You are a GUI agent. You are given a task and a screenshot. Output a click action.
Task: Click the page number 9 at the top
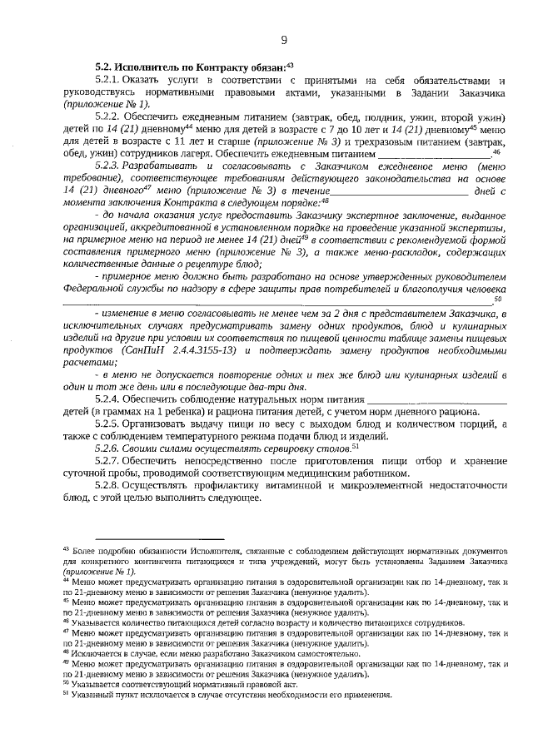[x=284, y=39]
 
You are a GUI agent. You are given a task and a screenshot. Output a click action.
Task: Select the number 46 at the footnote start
[x=67, y=621]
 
